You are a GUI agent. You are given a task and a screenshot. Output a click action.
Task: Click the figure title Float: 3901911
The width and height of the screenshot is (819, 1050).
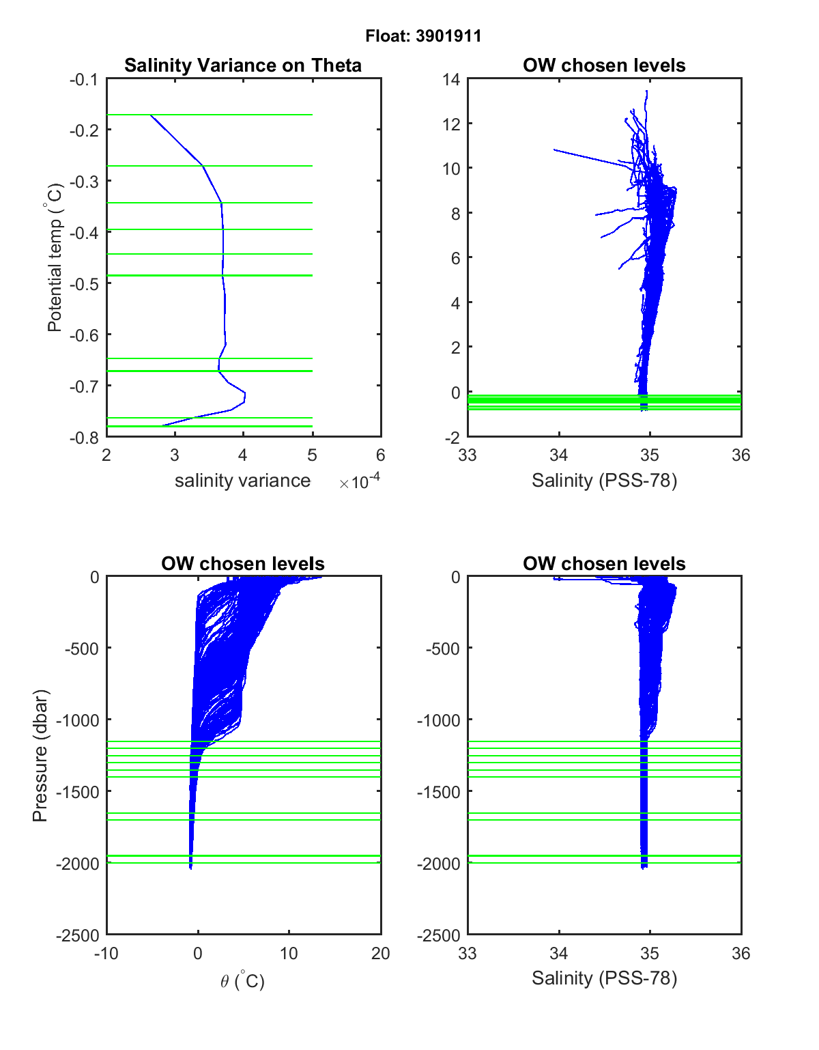tap(423, 36)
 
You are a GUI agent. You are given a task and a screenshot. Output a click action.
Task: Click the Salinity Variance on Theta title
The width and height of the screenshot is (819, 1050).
tap(243, 66)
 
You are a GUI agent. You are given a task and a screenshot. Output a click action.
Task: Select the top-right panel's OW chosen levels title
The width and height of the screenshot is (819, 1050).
tap(604, 66)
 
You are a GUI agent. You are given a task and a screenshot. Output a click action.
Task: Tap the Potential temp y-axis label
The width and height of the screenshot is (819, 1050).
tap(55, 257)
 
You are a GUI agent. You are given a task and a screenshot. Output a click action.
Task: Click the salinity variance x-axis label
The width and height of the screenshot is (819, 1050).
tap(242, 481)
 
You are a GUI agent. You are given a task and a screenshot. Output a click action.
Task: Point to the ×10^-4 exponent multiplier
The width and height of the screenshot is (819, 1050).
tap(360, 482)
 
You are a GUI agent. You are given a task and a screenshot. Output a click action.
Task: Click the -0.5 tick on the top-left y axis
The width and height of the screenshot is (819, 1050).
tap(84, 283)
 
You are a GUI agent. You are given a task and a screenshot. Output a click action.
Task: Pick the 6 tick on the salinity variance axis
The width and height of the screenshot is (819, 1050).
tap(380, 455)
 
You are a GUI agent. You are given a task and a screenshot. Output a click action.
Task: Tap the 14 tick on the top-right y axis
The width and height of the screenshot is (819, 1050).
tap(451, 79)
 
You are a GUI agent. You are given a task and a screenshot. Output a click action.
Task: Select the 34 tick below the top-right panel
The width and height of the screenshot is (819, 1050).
tap(559, 455)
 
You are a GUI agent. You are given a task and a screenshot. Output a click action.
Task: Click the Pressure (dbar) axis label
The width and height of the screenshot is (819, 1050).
tap(40, 755)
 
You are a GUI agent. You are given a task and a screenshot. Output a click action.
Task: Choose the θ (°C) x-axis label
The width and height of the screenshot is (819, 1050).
tap(242, 981)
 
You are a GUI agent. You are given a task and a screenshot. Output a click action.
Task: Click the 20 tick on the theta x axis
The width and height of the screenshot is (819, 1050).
tap(380, 954)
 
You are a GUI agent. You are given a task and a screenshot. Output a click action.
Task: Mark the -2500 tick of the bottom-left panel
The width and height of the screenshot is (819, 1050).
tap(78, 935)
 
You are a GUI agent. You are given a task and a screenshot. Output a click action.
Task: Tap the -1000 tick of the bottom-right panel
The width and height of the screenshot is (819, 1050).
tap(438, 720)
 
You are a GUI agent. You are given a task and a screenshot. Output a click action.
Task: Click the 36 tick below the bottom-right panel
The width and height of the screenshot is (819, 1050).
tap(741, 954)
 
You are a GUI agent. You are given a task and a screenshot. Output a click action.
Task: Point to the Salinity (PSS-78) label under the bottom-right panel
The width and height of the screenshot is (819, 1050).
tap(604, 978)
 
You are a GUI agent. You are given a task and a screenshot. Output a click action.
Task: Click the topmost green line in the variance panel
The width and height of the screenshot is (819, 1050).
tap(232, 115)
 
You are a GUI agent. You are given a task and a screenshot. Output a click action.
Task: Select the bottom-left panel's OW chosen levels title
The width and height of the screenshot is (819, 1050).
tap(242, 564)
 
